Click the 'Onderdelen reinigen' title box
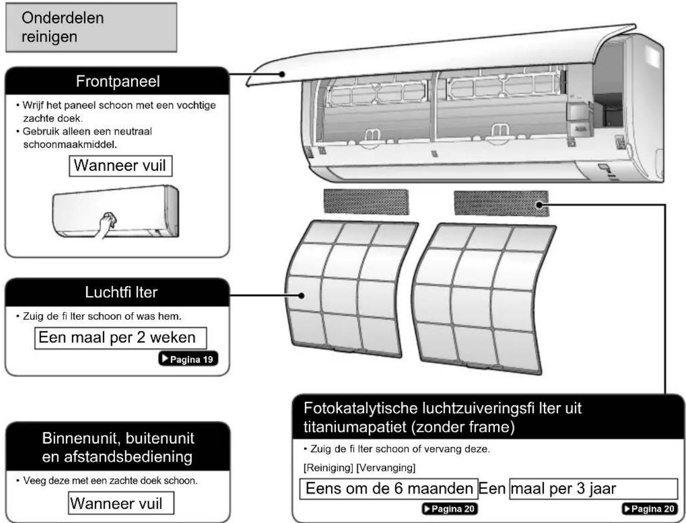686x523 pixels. pos(91,27)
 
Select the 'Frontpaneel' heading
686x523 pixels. pos(118,82)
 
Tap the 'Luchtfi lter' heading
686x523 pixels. pos(121,292)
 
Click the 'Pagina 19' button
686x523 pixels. pos(188,359)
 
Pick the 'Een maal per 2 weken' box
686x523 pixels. pos(121,338)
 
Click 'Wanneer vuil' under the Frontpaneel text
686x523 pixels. pos(121,166)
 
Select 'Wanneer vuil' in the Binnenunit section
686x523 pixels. pos(121,503)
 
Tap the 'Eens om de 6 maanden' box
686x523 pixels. pos(389,489)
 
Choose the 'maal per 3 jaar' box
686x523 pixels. pos(594,489)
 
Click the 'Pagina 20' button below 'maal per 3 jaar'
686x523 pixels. pos(650,509)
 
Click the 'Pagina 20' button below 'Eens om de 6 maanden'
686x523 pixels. pos(450,509)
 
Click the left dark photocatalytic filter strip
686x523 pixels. pos(366,202)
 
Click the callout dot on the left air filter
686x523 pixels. pos(301,296)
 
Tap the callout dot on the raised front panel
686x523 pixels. pos(282,74)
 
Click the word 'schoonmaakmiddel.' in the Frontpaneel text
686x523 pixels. pos(70,145)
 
